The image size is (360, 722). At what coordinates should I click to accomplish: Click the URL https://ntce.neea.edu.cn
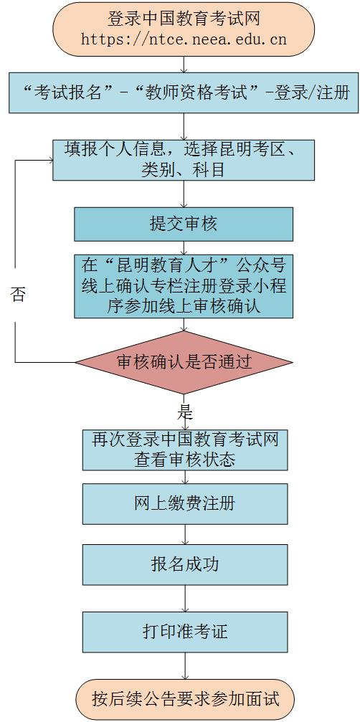pos(184,40)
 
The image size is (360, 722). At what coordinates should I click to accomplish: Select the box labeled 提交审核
pos(184,224)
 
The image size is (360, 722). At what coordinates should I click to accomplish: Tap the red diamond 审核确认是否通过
pos(184,362)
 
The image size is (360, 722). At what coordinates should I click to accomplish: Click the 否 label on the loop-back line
pos(17,295)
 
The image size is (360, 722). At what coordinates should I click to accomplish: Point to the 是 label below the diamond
pos(185,412)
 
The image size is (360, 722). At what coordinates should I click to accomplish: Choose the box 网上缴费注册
pos(185,503)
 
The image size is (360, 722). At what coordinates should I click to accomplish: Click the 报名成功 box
pos(185,564)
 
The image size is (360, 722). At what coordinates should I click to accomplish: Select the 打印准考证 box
pos(185,632)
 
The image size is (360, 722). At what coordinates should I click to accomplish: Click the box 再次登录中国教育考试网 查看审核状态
pos(185,450)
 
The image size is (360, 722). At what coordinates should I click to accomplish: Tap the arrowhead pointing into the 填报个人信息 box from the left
pos(50,160)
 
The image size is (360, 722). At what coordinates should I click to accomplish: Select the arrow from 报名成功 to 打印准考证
pos(185,598)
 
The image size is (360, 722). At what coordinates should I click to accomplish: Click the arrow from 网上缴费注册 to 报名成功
pos(185,534)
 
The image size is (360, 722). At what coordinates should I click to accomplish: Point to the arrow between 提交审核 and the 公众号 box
pos(184,247)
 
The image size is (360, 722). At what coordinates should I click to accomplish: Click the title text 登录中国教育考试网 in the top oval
pos(184,19)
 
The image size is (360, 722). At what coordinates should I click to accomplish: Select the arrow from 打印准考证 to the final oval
pos(185,666)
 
